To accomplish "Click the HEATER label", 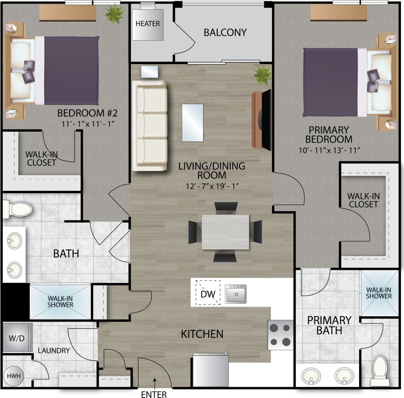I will [x=147, y=24].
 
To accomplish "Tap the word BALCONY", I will [x=225, y=33].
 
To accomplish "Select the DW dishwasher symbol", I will [x=208, y=294].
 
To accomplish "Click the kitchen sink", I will [x=236, y=294].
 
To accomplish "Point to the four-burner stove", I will [x=280, y=335].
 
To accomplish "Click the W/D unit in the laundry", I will [x=17, y=338].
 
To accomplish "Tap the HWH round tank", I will [x=14, y=376].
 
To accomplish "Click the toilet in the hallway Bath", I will [x=18, y=209].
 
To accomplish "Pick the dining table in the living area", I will [x=225, y=232].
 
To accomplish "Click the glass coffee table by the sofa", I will [x=193, y=123].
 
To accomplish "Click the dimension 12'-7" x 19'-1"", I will [x=212, y=186].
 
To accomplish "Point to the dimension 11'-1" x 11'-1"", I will [x=88, y=124].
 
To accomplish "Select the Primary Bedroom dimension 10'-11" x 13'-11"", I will [x=329, y=150].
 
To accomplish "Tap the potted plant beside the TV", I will [x=262, y=75].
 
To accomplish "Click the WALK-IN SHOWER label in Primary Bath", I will [x=379, y=293].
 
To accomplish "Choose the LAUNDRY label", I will [x=54, y=351].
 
